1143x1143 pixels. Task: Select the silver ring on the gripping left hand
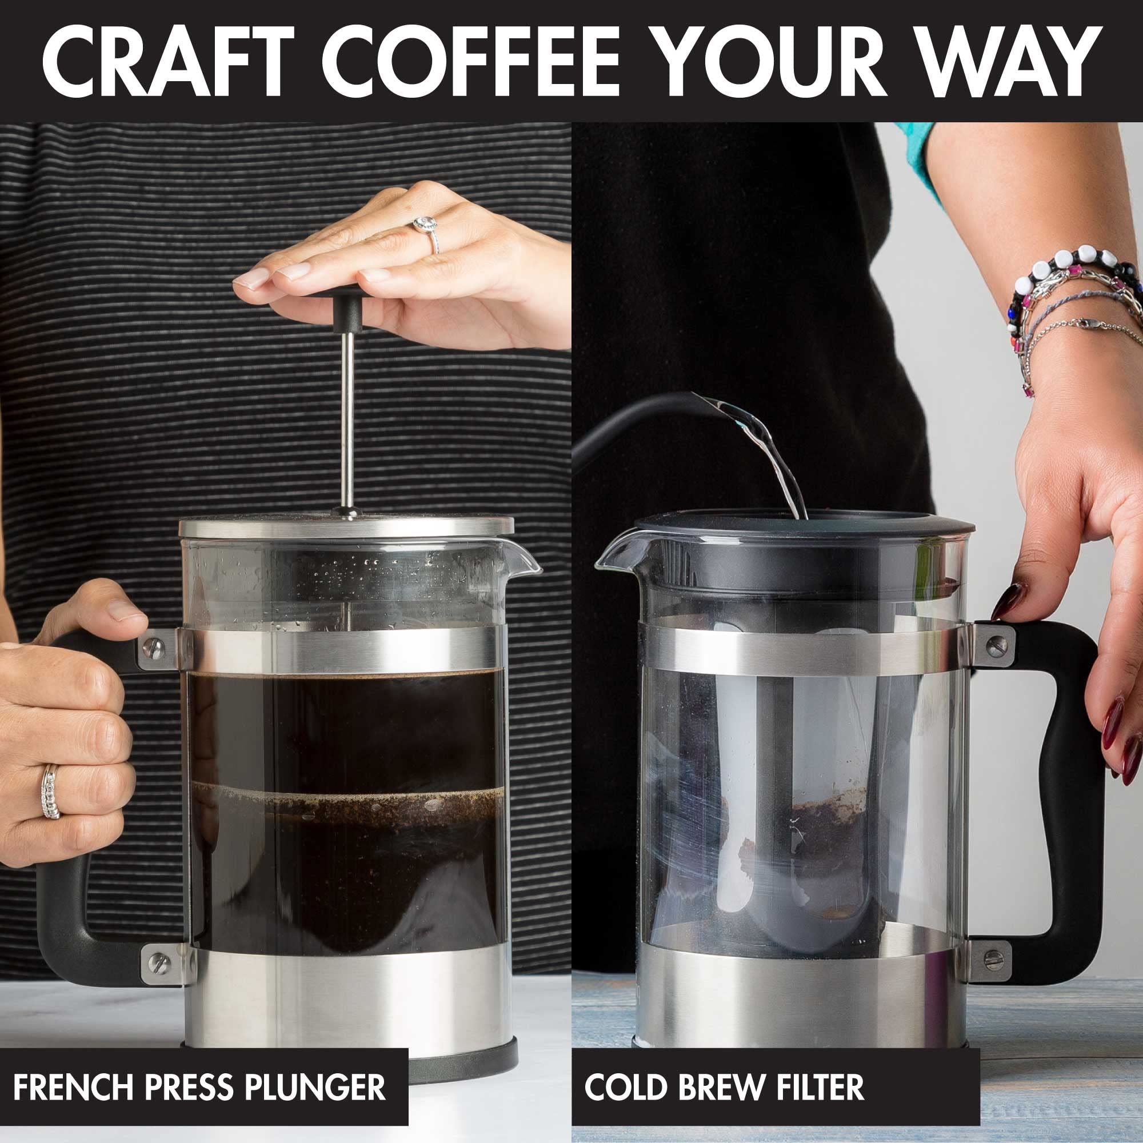pyautogui.click(x=51, y=792)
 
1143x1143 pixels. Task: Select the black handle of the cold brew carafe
pyautogui.click(x=1065, y=769)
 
